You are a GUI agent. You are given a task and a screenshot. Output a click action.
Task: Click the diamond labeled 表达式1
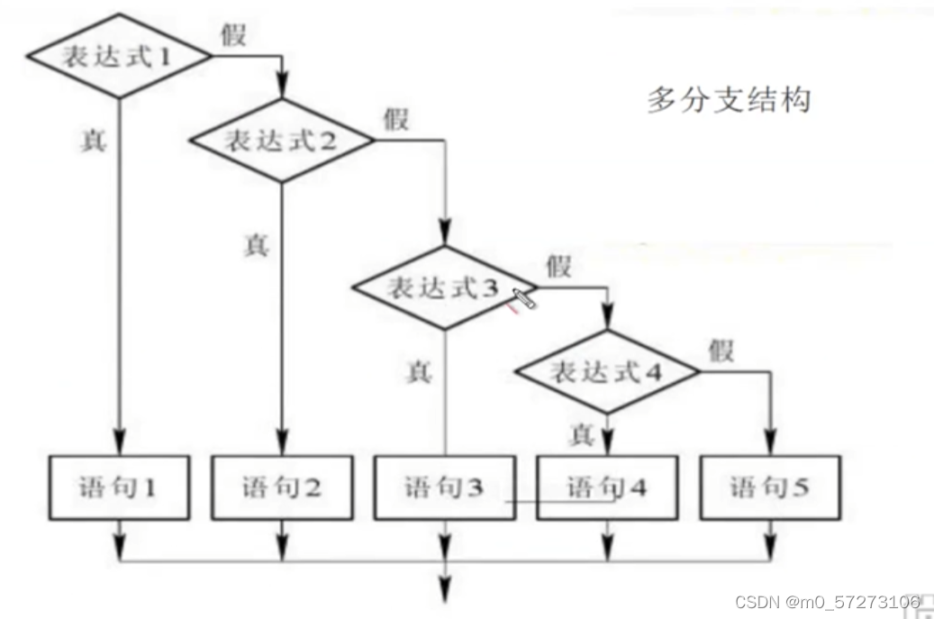(118, 57)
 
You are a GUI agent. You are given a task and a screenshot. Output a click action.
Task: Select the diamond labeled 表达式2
(281, 141)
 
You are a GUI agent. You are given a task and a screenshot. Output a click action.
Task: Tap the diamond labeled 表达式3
(444, 288)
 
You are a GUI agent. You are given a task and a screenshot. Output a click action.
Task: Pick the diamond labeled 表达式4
(607, 371)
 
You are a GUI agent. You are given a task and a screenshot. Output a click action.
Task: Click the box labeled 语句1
(119, 487)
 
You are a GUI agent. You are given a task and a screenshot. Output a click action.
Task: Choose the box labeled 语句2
(282, 487)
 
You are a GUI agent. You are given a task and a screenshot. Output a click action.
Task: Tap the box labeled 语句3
(444, 487)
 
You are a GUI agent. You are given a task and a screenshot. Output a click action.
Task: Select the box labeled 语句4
(607, 487)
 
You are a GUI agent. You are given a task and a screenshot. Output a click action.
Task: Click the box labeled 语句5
(769, 487)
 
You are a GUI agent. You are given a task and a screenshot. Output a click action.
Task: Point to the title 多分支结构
(728, 100)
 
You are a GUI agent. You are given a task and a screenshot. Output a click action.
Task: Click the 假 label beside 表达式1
(233, 35)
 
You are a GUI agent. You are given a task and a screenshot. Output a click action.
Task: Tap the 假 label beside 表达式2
(395, 119)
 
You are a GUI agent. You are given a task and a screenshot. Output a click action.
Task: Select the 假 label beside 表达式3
(558, 266)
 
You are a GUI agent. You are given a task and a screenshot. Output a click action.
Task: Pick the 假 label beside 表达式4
(721, 350)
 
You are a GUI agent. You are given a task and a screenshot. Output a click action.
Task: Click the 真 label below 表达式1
(93, 141)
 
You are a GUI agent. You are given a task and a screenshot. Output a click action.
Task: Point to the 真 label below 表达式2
(256, 245)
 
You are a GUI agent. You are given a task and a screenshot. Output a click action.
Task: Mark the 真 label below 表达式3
(418, 371)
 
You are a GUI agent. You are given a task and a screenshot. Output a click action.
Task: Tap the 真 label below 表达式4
(582, 435)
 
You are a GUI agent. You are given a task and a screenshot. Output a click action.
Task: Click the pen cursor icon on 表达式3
(524, 299)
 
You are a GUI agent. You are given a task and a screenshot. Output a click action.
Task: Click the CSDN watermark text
(827, 600)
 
